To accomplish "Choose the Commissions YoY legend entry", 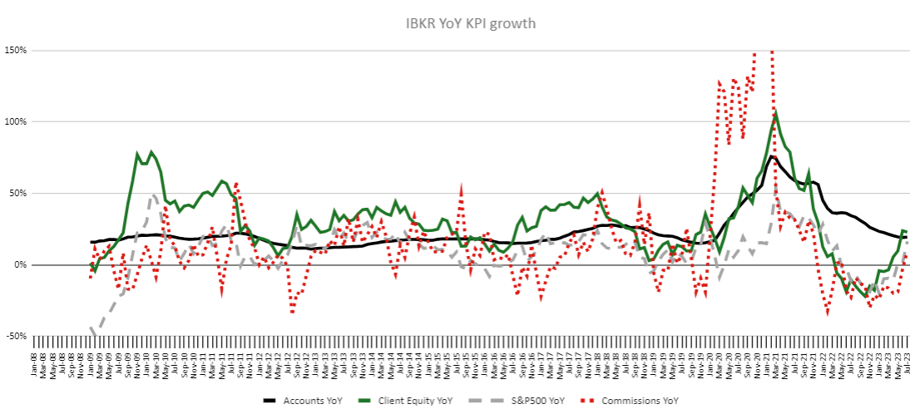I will pos(680,401).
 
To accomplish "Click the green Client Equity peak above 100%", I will pos(775,109).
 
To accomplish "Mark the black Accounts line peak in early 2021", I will pos(772,156).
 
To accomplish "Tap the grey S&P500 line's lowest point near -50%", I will pos(94,335).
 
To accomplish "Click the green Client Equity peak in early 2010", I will pos(151,151).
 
